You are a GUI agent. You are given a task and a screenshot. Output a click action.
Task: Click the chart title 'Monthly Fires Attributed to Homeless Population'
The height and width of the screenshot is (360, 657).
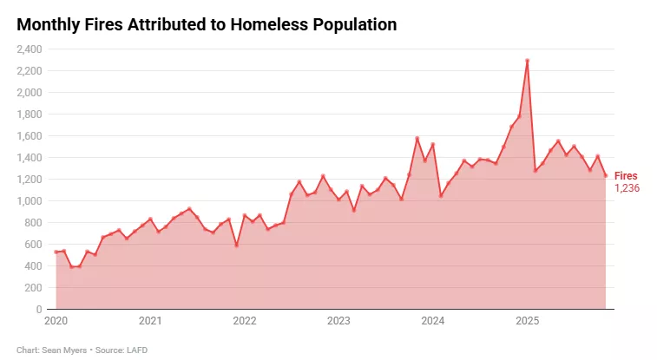point(207,25)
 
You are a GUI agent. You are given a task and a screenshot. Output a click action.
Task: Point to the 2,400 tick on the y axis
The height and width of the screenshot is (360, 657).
point(30,49)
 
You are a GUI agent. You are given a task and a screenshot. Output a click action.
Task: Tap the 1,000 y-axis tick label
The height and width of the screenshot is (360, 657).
point(30,200)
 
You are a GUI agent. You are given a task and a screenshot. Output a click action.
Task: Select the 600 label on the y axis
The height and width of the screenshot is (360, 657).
point(33,244)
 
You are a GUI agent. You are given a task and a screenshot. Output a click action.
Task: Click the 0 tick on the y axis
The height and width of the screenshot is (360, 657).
point(39,309)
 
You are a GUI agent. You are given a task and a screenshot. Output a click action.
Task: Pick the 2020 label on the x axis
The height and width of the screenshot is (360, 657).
point(56,321)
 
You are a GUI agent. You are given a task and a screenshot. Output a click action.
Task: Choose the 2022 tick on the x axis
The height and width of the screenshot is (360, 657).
point(245,321)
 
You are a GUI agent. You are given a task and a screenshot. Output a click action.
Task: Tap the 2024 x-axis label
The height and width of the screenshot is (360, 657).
point(433,321)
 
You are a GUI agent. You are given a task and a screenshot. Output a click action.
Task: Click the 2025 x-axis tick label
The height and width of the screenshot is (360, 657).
point(528,321)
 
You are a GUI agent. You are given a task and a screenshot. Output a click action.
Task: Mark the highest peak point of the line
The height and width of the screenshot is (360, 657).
point(528,61)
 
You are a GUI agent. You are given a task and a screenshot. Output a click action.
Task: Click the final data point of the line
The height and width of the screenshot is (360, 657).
point(606,175)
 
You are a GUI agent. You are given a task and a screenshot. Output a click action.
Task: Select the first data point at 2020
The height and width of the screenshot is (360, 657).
point(56,252)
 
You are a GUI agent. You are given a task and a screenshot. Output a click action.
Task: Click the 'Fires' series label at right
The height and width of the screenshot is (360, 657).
point(625,176)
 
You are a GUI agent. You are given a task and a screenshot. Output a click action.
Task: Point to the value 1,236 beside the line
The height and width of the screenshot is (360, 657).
point(627,188)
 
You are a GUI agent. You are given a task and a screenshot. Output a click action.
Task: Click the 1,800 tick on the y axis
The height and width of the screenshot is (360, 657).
point(30,114)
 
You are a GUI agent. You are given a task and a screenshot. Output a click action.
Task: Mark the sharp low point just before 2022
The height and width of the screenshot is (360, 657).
point(236,245)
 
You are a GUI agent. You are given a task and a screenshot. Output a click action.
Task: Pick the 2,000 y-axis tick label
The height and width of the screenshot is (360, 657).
point(30,92)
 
